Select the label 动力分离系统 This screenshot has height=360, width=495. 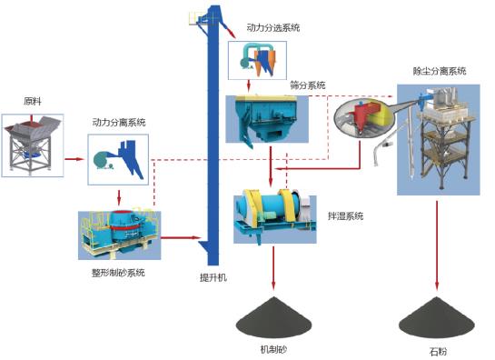pyautogui.click(x=118, y=122)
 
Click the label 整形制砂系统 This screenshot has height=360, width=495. pyautogui.click(x=119, y=272)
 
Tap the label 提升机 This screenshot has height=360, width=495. pyautogui.click(x=212, y=276)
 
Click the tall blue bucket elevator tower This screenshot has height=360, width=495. pyautogui.click(x=212, y=136)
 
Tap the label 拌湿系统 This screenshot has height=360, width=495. pyautogui.click(x=345, y=216)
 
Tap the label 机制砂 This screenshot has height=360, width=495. pyautogui.click(x=273, y=348)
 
